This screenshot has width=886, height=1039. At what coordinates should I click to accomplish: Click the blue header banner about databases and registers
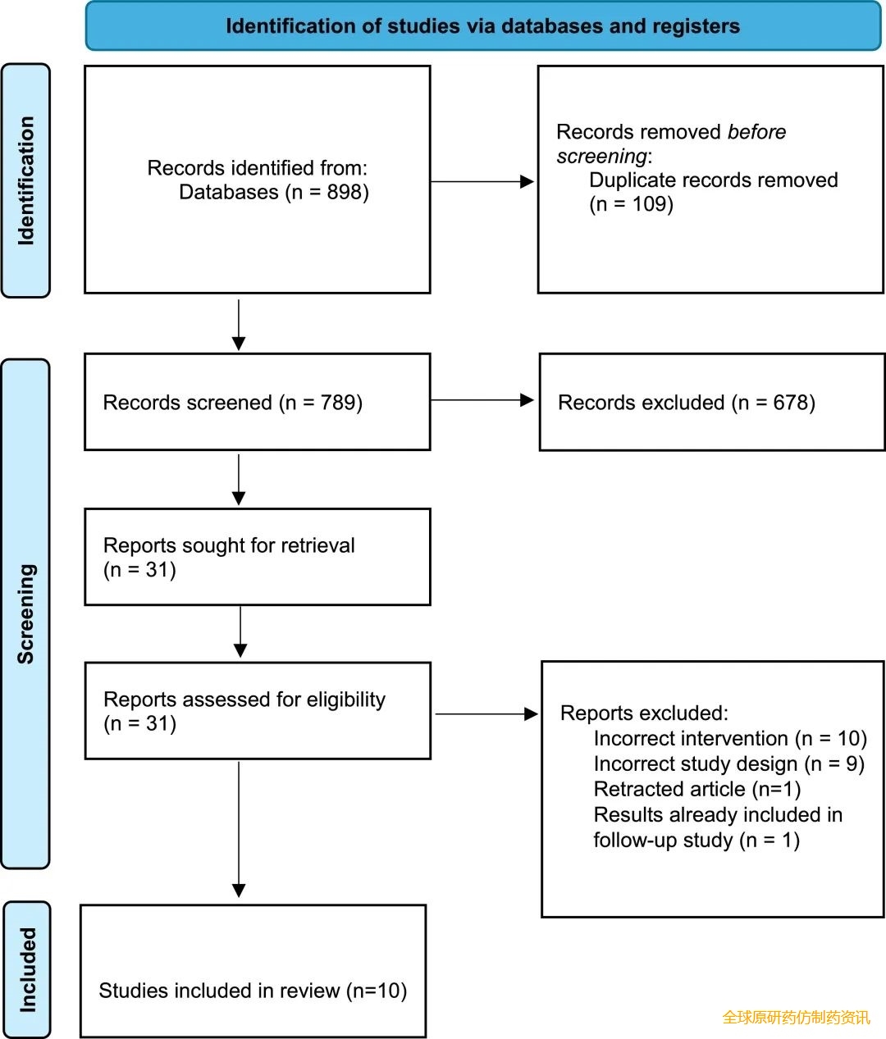coord(482,25)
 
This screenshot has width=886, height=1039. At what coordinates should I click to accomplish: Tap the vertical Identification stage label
coord(25,181)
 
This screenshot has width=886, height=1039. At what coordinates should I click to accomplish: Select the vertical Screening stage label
coord(25,613)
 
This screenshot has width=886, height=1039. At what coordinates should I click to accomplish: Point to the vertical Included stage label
coord(28,969)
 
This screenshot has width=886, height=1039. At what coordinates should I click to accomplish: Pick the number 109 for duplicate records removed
coord(652,204)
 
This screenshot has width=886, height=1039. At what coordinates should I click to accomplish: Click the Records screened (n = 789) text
coord(233,403)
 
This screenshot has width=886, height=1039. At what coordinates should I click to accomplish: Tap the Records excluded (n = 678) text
coord(687,403)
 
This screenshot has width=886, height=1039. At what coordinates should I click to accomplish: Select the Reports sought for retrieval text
coord(229,545)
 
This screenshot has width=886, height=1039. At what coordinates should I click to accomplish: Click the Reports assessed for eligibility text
coord(244,700)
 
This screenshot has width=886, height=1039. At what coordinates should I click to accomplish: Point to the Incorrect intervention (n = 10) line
coord(730,738)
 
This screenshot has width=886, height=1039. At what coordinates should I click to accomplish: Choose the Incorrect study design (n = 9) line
coord(728,764)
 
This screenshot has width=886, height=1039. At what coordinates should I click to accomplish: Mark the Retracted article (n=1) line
coord(697,789)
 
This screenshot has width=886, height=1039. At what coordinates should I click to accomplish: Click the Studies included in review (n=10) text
coord(253,991)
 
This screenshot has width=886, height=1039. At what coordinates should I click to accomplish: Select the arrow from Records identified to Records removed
coord(482,181)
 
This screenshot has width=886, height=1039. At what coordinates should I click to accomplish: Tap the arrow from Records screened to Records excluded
coord(482,400)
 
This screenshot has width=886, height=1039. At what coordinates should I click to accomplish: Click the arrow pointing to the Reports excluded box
coord(486,713)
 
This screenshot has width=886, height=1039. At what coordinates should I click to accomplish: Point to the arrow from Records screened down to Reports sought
coord(239,480)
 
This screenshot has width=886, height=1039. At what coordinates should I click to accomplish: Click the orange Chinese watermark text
coord(796,1018)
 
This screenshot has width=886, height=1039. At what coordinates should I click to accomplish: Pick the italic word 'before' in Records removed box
coord(756,132)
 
